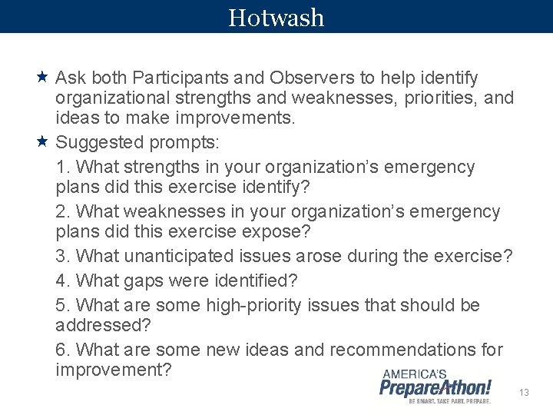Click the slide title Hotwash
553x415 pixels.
tap(276, 17)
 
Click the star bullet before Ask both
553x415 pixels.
tap(43, 78)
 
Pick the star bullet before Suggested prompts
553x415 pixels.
tap(43, 141)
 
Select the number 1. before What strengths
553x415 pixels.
tap(64, 167)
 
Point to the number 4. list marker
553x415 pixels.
tap(64, 281)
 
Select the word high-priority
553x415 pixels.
tap(254, 305)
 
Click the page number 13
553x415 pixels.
tap(524, 393)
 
